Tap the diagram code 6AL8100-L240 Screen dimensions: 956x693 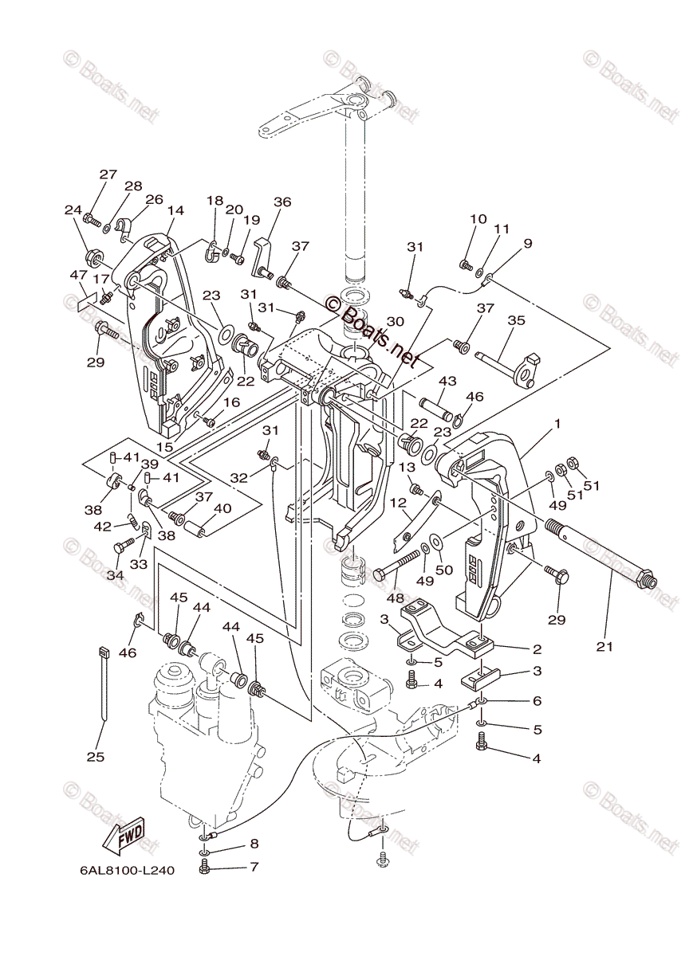[127, 871]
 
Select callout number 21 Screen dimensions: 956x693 [604, 647]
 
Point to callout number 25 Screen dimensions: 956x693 [96, 756]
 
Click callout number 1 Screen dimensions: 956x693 [557, 424]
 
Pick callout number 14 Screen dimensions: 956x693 [175, 211]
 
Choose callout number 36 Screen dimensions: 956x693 [283, 202]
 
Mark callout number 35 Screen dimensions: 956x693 [516, 321]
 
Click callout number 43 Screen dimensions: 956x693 [447, 382]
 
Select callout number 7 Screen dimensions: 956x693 [254, 866]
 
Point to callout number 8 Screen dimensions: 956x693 [254, 843]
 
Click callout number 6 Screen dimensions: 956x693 [537, 700]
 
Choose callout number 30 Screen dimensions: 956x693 [395, 321]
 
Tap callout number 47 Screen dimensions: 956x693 [77, 275]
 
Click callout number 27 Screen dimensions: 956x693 [108, 175]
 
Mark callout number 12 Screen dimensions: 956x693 [398, 503]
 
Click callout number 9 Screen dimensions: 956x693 [527, 244]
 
